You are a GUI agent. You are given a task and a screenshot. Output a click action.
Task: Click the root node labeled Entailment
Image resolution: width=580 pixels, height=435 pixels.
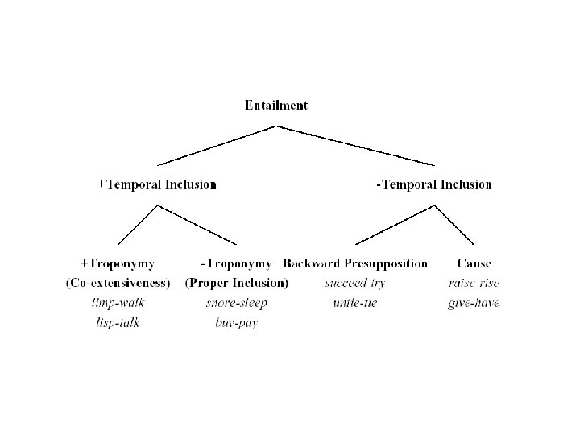[x=276, y=105]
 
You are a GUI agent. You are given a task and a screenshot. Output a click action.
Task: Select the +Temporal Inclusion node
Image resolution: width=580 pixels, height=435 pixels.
[x=157, y=184]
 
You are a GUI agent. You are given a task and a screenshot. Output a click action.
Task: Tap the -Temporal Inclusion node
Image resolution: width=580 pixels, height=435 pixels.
[x=433, y=184]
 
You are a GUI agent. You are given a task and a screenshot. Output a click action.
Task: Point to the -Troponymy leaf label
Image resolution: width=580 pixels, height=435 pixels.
[x=236, y=263]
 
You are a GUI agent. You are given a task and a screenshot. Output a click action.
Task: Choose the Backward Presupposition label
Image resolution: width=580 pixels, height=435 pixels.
[x=355, y=263]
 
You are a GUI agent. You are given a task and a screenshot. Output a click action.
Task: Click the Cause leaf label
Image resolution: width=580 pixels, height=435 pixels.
[x=474, y=263]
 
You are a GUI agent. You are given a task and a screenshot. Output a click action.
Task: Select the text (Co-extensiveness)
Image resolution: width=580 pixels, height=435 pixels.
[x=118, y=283]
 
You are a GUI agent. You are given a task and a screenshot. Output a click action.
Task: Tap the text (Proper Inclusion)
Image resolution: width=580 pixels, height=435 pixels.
[x=237, y=283]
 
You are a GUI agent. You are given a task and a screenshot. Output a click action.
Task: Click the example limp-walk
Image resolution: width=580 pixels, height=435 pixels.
[x=118, y=303]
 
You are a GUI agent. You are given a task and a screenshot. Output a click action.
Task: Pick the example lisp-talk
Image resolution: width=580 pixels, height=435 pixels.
[x=118, y=323]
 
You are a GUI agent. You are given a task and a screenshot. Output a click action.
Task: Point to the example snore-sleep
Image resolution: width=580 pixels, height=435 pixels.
[x=236, y=303]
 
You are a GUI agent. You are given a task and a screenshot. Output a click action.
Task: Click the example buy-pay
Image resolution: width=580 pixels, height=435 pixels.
[x=236, y=323]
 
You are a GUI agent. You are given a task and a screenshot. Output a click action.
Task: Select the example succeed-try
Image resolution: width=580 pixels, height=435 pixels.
[x=355, y=283]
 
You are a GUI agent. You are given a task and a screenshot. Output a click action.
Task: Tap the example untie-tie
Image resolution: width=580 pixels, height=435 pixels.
[x=355, y=303]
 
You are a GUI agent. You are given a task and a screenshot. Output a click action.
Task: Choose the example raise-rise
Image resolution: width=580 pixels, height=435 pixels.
[x=474, y=283]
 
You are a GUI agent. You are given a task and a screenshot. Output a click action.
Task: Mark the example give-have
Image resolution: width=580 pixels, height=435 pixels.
[x=474, y=303]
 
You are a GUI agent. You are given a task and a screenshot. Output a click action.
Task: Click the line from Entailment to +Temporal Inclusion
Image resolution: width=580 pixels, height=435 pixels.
[x=217, y=145]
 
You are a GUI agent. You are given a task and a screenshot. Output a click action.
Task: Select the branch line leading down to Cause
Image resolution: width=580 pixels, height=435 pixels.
[x=454, y=225]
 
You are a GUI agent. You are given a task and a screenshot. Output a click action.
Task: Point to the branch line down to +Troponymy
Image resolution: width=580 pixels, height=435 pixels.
[x=137, y=225]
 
